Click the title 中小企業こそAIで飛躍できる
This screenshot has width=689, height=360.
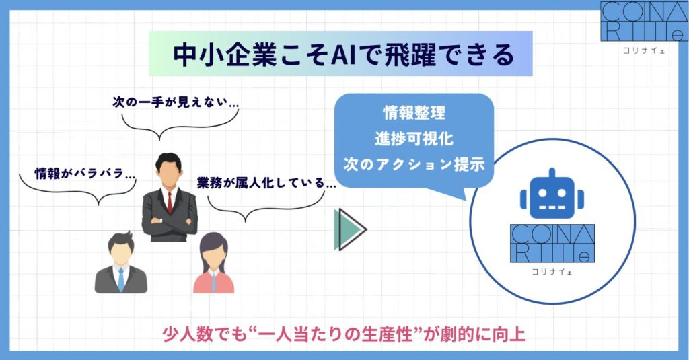coord(343,55)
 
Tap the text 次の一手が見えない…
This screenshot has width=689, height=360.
coord(176,102)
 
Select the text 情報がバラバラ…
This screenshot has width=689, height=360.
coord(85,173)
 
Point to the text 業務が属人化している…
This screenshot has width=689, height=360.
coord(266,183)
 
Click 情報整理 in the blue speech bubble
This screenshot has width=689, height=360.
coord(414,113)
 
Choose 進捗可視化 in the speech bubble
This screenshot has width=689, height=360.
coord(414,139)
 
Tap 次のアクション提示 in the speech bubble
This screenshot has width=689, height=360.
coord(414,164)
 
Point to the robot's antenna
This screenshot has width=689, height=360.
coord(552,173)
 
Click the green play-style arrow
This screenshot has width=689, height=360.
coord(350,229)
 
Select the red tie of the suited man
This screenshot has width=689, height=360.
coord(170,203)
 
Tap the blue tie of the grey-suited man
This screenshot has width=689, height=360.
coord(121,279)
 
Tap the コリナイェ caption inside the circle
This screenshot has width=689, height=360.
coord(552,272)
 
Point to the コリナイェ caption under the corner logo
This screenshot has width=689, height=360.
coord(644,50)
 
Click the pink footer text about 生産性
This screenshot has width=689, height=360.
coord(344,334)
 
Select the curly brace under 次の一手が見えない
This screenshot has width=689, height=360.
coord(180,125)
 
